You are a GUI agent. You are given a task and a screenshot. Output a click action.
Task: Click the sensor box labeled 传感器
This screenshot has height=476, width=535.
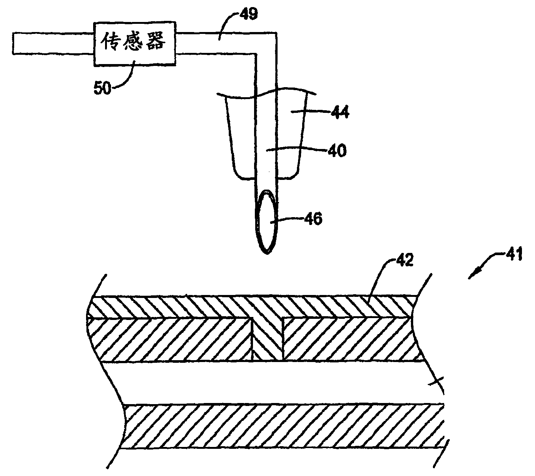[135, 44]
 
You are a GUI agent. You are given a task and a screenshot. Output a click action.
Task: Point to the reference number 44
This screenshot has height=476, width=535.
[339, 112]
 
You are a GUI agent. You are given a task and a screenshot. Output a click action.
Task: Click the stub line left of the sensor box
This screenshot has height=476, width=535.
[52, 44]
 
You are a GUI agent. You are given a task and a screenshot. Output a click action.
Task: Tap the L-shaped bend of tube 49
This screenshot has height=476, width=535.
[267, 43]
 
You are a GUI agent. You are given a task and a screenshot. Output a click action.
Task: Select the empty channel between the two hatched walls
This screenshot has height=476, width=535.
[276, 383]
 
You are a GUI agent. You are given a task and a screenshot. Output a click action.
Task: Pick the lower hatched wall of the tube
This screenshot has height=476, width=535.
[283, 426]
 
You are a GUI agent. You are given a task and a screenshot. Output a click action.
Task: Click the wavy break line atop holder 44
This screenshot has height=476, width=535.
[267, 93]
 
